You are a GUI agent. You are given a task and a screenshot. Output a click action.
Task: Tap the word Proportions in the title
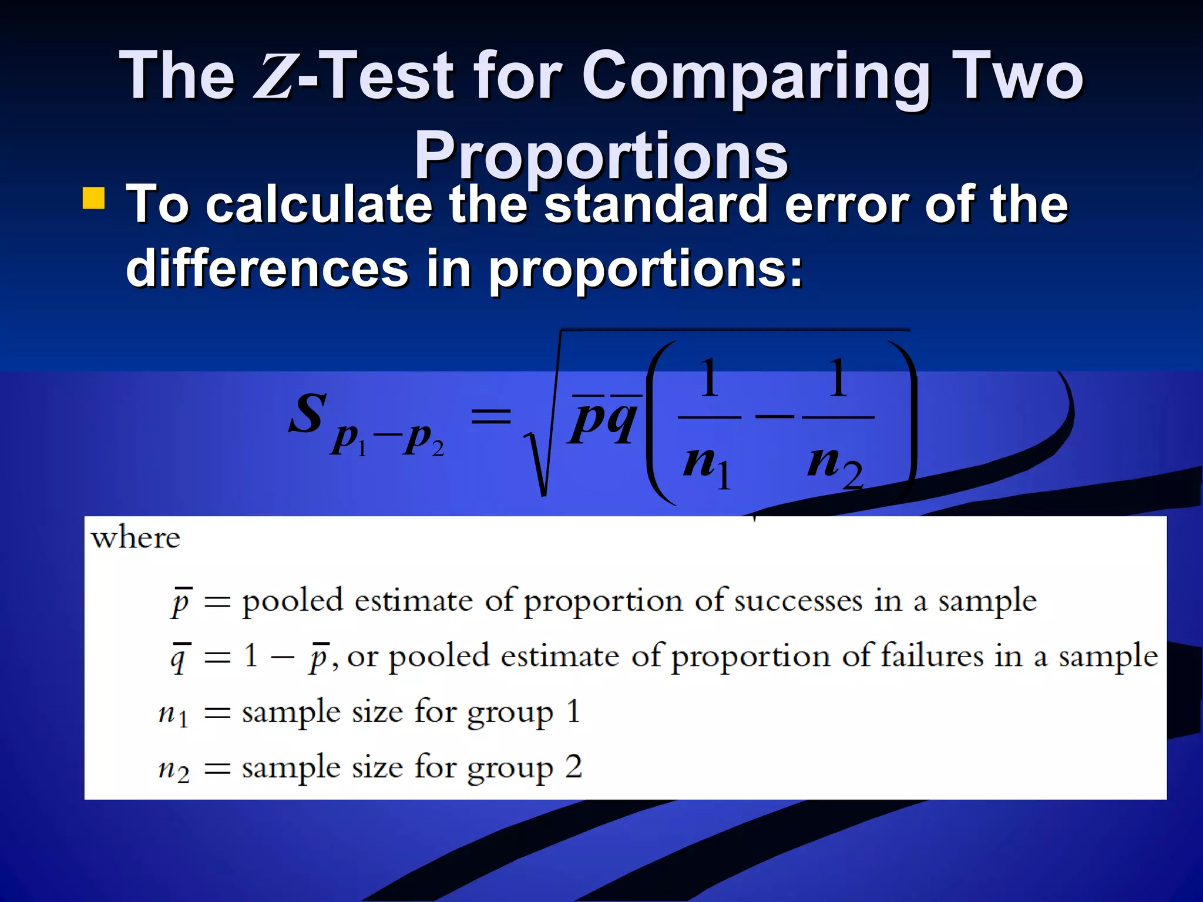pos(601,156)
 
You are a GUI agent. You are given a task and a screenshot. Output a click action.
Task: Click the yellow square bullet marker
pos(94,198)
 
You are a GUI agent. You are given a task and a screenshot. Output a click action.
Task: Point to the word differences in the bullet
pos(267,268)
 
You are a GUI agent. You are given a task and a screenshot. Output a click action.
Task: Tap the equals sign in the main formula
pos(492,417)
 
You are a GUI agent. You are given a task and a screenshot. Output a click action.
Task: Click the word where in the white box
pos(136,537)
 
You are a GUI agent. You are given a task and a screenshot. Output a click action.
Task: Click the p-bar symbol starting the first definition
pos(181,601)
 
